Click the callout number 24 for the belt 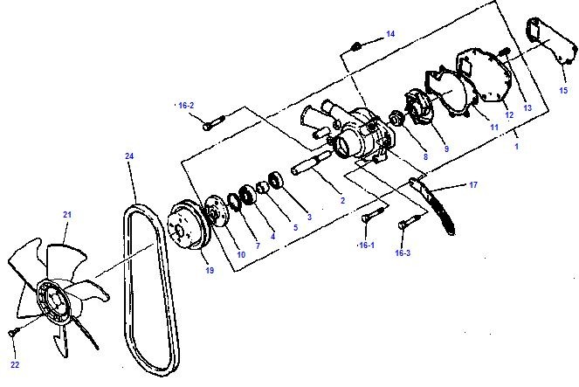[x=129, y=156]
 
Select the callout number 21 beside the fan [x=66, y=214]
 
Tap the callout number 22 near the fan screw [x=15, y=363]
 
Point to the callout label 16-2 [x=186, y=105]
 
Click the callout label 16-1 [x=367, y=246]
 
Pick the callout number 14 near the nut [x=390, y=33]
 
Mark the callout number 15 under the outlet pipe [x=563, y=90]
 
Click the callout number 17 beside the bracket [x=473, y=184]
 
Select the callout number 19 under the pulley [x=210, y=271]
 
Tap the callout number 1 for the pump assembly [x=516, y=146]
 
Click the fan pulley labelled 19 [x=188, y=230]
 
